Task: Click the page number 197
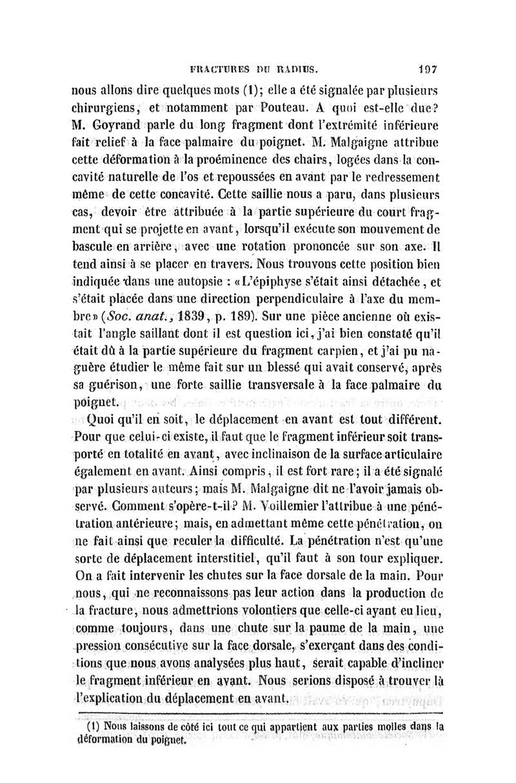coord(428,66)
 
